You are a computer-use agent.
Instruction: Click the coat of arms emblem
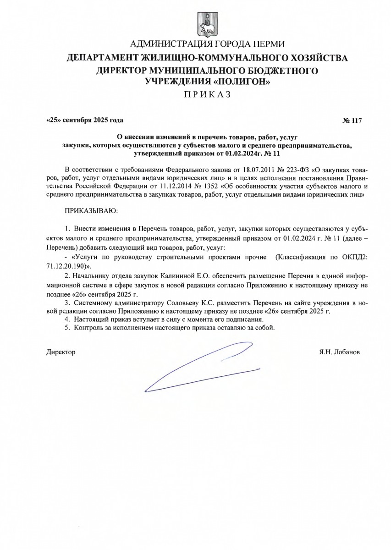(x=207, y=23)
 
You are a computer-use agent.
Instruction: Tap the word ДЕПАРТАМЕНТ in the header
(x=107, y=58)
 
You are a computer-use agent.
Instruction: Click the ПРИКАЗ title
(x=207, y=95)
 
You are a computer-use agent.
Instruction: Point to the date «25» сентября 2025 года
(x=85, y=121)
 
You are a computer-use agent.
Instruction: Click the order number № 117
(x=352, y=121)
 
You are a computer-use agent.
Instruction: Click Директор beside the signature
(x=61, y=352)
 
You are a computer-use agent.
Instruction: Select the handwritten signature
(x=202, y=367)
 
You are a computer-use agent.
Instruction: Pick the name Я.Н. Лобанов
(x=340, y=352)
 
